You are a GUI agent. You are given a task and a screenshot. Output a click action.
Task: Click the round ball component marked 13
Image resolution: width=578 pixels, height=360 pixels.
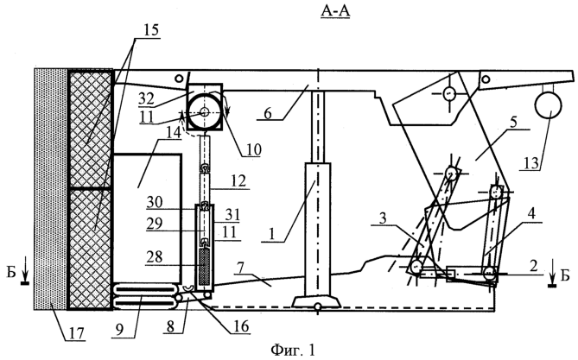tap(548, 106)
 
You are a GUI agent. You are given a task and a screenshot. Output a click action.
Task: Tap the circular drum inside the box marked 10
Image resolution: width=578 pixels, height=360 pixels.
tap(207, 110)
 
